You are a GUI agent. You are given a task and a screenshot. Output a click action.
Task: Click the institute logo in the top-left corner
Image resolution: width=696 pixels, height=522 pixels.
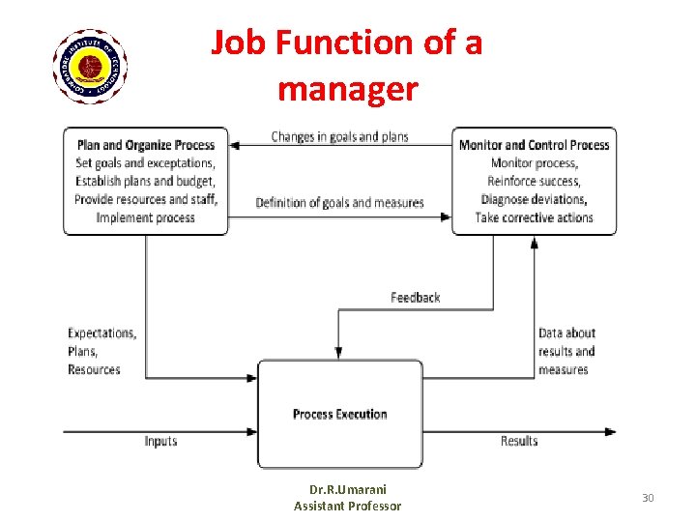tap(90, 66)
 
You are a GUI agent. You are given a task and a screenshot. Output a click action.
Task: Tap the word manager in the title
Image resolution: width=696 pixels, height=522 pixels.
tap(347, 90)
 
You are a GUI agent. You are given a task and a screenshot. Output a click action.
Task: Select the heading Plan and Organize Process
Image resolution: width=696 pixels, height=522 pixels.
tap(146, 145)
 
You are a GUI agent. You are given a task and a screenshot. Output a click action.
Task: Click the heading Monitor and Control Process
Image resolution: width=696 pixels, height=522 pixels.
tap(534, 145)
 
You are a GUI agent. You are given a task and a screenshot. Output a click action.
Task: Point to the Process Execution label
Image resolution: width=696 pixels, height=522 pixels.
tap(339, 414)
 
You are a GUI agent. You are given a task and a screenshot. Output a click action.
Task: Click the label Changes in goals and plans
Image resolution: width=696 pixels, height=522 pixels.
tap(339, 136)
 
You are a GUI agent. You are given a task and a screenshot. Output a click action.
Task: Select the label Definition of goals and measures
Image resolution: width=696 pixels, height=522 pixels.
tap(339, 203)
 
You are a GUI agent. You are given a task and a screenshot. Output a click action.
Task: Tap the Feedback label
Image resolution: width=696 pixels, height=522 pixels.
tap(415, 298)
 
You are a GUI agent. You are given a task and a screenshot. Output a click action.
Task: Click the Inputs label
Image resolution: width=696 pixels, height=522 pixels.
tap(160, 441)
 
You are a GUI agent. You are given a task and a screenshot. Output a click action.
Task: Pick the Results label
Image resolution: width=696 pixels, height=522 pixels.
tap(519, 441)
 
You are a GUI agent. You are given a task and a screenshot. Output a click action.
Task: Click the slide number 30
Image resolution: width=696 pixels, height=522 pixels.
tap(648, 498)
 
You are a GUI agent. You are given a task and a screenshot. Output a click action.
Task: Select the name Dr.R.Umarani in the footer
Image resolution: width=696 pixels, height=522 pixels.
tap(347, 489)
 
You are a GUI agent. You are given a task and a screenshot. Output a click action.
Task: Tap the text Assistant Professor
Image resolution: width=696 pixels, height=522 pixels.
tap(347, 506)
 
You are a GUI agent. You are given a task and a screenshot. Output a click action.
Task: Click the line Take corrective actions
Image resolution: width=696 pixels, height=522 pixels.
tap(534, 217)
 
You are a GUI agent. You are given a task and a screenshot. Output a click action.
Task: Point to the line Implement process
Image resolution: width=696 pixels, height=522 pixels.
tap(146, 217)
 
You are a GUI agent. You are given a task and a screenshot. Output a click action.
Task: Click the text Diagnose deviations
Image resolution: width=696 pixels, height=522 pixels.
tap(534, 199)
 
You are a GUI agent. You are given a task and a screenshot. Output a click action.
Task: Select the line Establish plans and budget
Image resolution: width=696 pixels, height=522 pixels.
tap(146, 181)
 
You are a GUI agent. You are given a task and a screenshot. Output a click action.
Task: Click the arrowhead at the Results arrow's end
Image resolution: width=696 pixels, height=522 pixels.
tap(611, 431)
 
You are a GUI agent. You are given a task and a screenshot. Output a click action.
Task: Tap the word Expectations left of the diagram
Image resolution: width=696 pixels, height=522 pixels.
tap(101, 333)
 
